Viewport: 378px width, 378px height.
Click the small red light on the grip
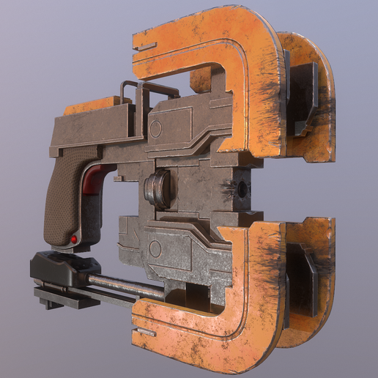(75, 240)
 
